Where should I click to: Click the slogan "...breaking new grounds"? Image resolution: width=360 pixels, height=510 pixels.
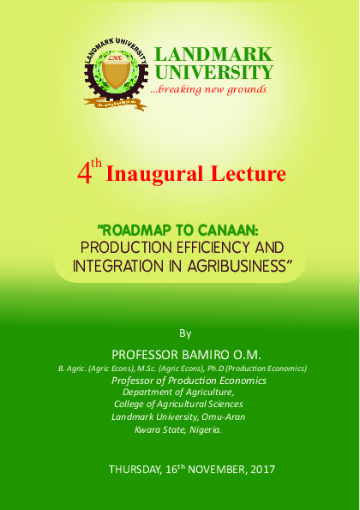pos(208,89)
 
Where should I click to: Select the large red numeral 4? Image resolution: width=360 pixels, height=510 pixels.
pos(84,174)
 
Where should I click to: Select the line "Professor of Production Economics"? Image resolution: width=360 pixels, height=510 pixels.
pos(189,380)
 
